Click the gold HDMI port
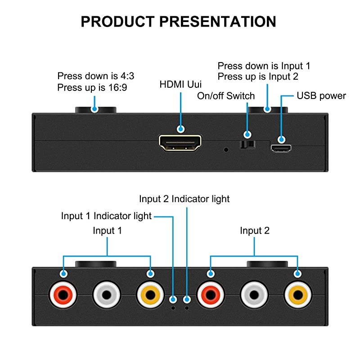(x=180, y=143)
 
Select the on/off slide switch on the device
(x=247, y=144)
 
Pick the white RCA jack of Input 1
(x=107, y=295)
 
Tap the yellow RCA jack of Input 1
(x=150, y=295)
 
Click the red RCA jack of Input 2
(x=210, y=295)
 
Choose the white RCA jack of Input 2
(x=254, y=295)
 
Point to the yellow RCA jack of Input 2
(x=297, y=295)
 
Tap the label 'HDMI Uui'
(x=181, y=84)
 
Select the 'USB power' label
(x=321, y=95)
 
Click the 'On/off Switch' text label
(x=226, y=96)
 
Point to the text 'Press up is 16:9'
(x=92, y=88)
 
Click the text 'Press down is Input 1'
(x=264, y=66)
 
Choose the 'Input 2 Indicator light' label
(x=184, y=198)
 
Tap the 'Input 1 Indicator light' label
(x=106, y=216)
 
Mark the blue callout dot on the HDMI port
(x=181, y=129)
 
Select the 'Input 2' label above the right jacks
(x=255, y=231)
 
